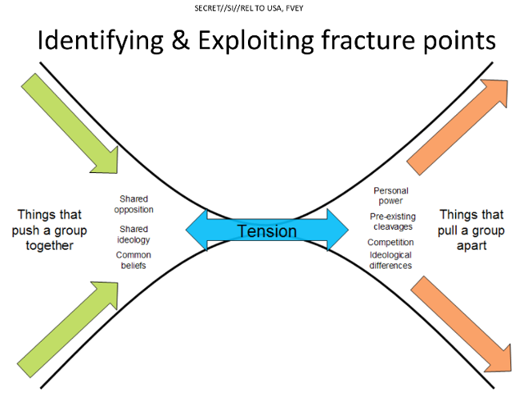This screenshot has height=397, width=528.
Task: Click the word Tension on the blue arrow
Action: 267,231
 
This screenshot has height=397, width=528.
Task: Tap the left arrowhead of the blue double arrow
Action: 196,231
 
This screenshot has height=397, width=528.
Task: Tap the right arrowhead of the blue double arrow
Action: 338,230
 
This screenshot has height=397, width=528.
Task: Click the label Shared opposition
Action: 134,204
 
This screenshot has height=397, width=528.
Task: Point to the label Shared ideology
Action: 134,235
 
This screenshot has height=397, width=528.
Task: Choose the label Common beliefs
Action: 134,260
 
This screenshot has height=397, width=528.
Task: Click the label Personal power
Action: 391,196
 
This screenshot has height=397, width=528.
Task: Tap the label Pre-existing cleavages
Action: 393,222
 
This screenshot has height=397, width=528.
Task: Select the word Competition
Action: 390,243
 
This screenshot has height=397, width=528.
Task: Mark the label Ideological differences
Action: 390,260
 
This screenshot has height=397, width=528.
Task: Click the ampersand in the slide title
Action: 180,40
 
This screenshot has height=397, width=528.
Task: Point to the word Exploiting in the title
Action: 255,41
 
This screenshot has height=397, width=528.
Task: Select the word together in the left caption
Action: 50,246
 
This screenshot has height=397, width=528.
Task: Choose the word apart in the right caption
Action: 471,246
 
